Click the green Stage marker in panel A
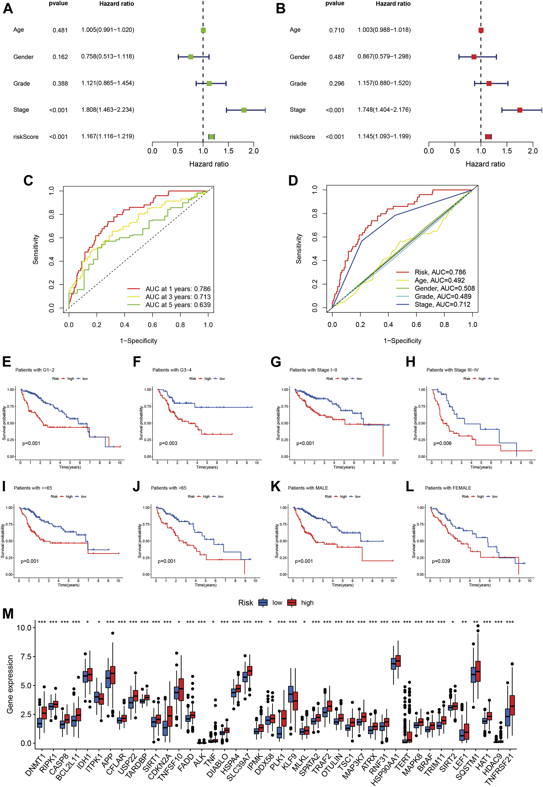[x=244, y=110]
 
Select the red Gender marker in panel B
[x=474, y=57]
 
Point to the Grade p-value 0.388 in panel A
[x=60, y=84]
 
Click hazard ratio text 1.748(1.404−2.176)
[x=384, y=110]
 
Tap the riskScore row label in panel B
[x=302, y=137]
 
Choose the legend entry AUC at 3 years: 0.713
[x=178, y=297]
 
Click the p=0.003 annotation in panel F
[x=168, y=443]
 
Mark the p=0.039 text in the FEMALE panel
[x=441, y=561]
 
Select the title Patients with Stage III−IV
[x=452, y=370]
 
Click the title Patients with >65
[x=168, y=488]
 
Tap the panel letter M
[x=8, y=614]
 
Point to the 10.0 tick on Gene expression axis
[x=24, y=628]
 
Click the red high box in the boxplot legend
[x=292, y=603]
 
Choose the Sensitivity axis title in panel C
[x=36, y=250]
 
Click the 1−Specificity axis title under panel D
[x=402, y=341]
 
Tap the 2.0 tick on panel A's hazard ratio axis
[x=254, y=151]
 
